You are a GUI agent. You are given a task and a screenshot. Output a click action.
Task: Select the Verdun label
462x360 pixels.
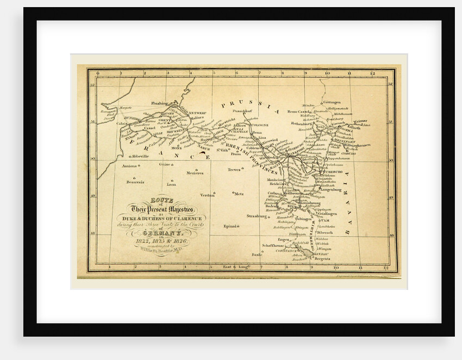coord(207,195)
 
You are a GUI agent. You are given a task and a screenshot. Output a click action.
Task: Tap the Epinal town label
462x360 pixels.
coord(230,226)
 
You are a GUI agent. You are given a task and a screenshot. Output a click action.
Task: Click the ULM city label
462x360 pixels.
coord(324,220)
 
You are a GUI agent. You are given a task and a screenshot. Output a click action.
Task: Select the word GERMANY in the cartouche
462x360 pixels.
coord(158,232)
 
